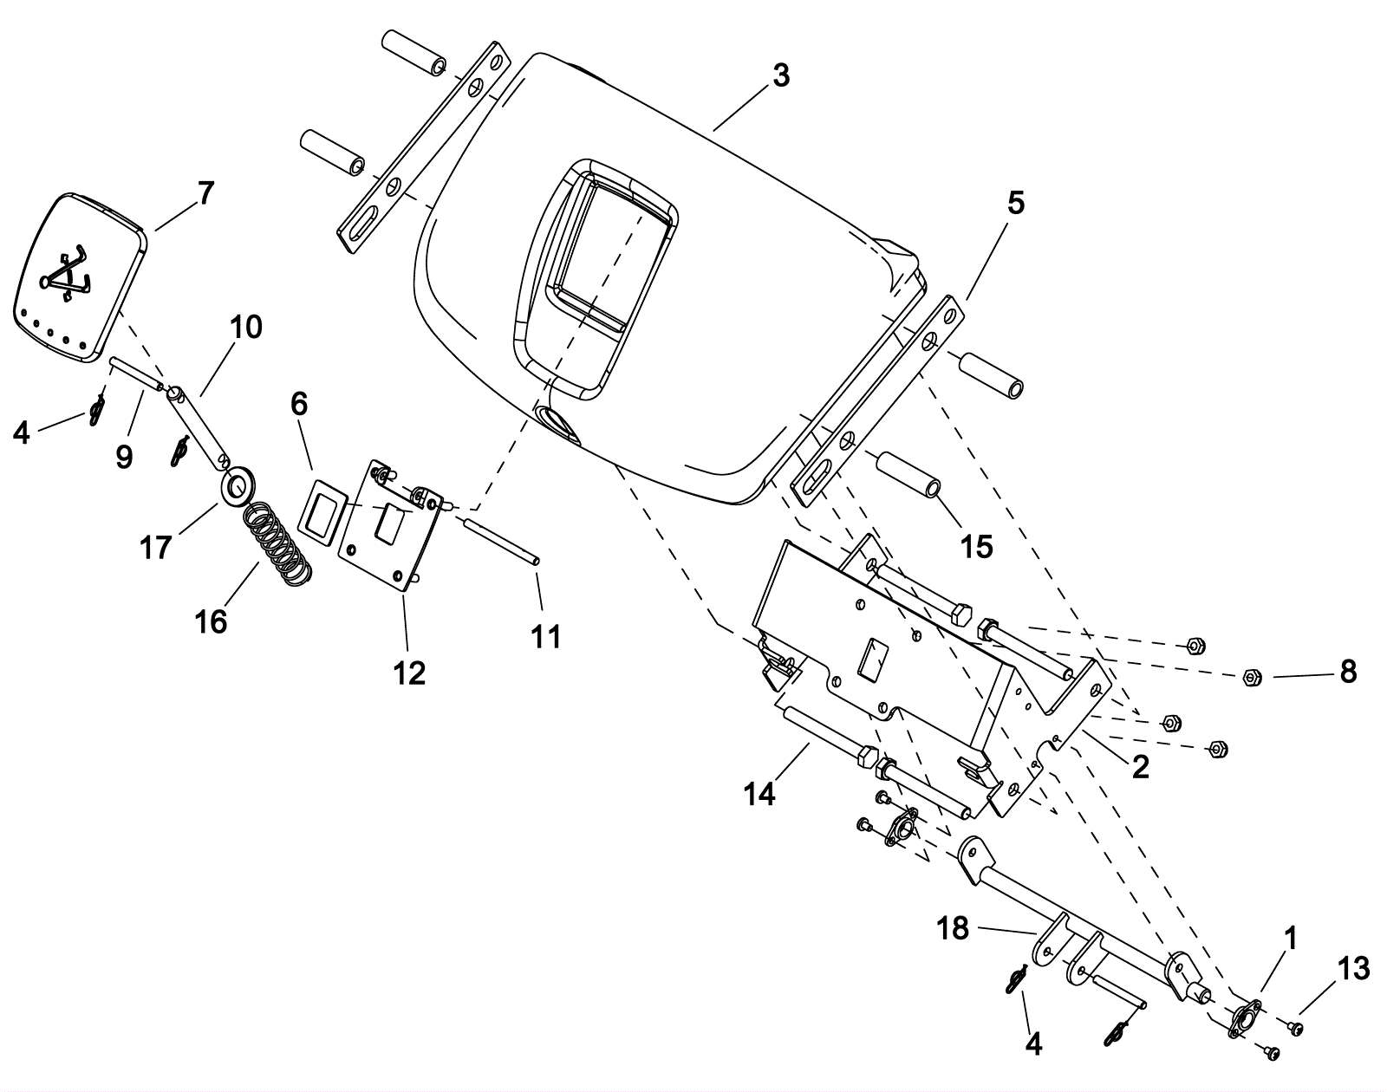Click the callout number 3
[x=780, y=77]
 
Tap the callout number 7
[x=205, y=193]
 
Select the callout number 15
[x=976, y=547]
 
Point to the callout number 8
[x=1348, y=671]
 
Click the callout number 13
[x=1353, y=969]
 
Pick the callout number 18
[x=954, y=929]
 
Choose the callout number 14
[x=759, y=794]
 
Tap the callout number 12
[x=410, y=673]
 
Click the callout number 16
[x=212, y=622]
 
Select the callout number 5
[x=1016, y=204]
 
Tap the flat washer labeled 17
[x=238, y=483]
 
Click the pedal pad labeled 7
[x=81, y=277]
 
